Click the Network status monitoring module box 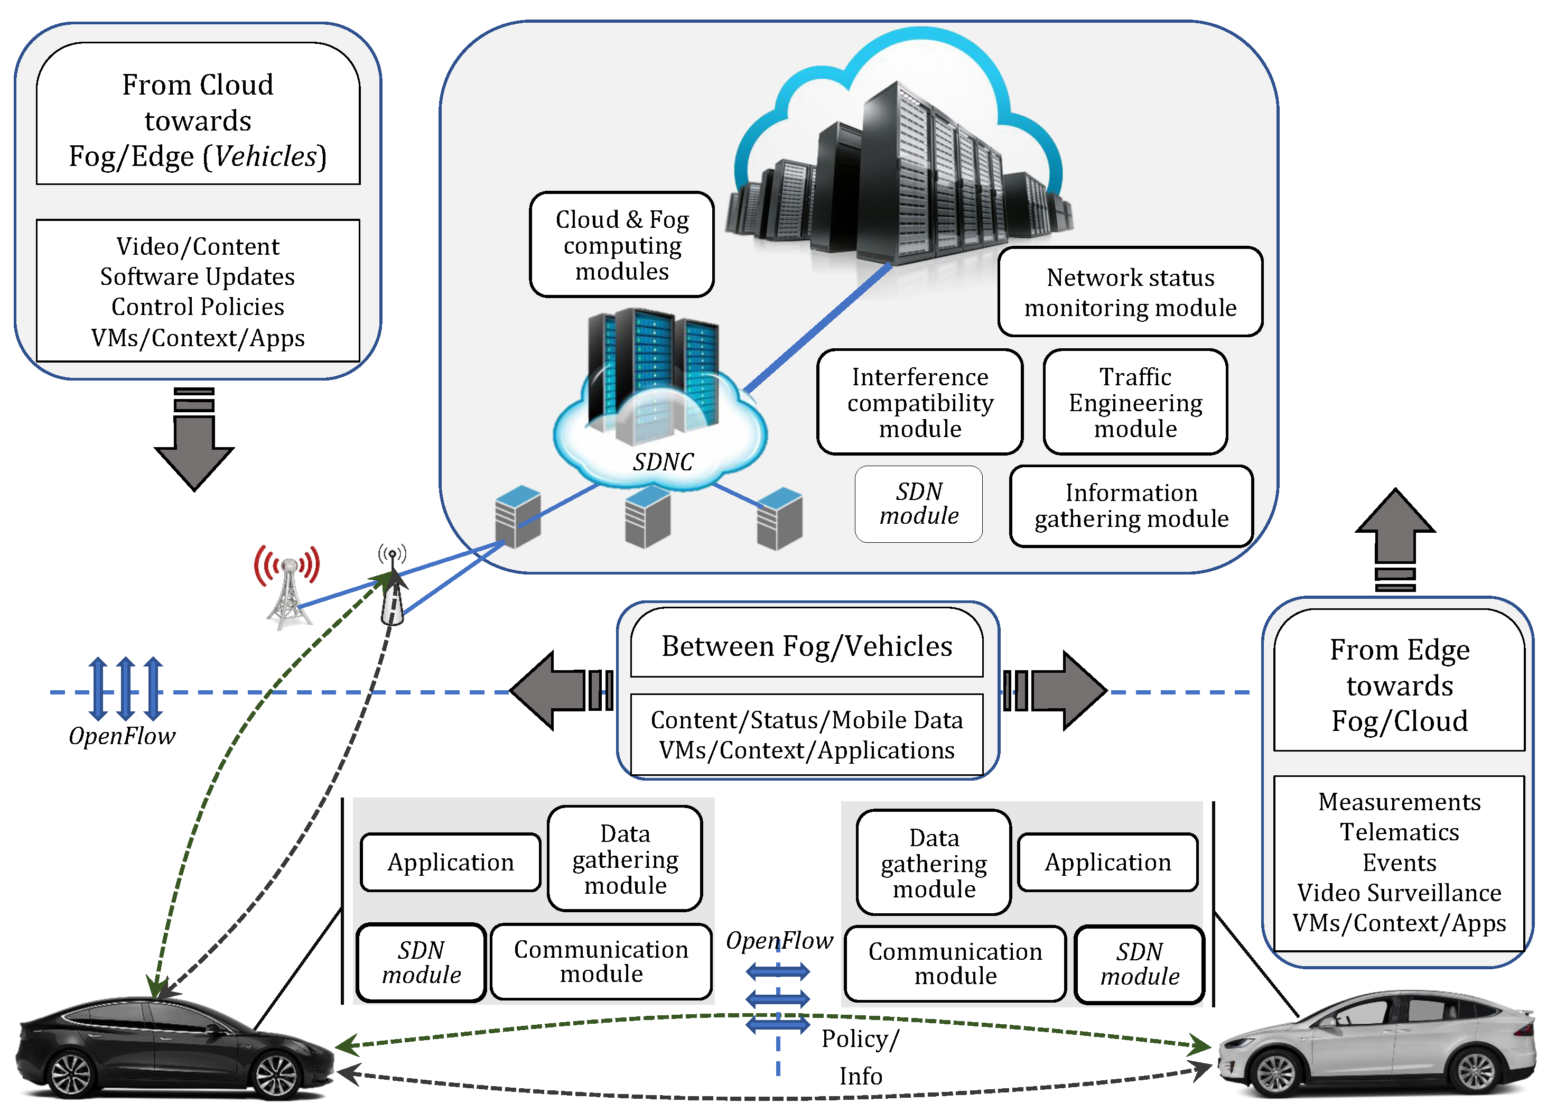pos(1130,292)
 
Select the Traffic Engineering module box pos(1135,402)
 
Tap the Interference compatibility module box pos(919,402)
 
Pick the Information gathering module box pos(1131,506)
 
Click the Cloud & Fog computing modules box pos(621,245)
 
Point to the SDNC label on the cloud pos(663,462)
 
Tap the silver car pos(1376,1048)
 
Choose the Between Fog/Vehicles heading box pos(806,646)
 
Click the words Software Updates pos(197,276)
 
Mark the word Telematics pos(1399,832)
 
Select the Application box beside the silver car pos(1107,862)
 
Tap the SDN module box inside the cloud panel pos(919,504)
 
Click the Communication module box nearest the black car pos(601,961)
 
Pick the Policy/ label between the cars pos(860,1039)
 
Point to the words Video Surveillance pos(1399,893)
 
